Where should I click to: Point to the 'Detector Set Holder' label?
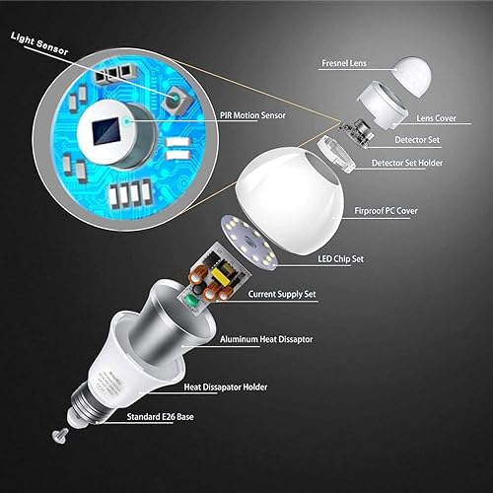tap(415, 162)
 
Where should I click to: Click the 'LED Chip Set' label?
tap(344, 259)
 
